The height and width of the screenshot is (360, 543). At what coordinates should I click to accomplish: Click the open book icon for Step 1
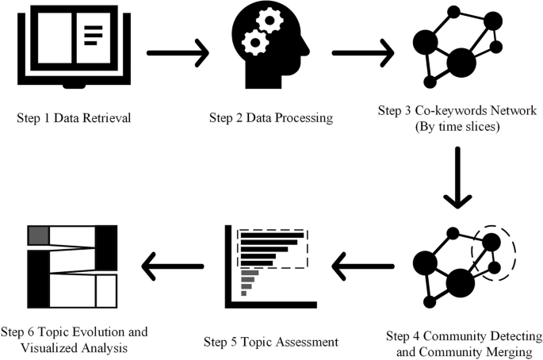(x=73, y=48)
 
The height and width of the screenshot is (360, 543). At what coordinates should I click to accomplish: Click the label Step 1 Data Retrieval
(x=73, y=119)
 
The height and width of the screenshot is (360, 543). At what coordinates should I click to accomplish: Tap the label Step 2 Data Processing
(x=270, y=119)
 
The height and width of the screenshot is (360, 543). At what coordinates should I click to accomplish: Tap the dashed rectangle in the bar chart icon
(x=272, y=249)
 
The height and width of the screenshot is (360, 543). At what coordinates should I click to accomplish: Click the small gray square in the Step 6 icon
(x=39, y=236)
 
